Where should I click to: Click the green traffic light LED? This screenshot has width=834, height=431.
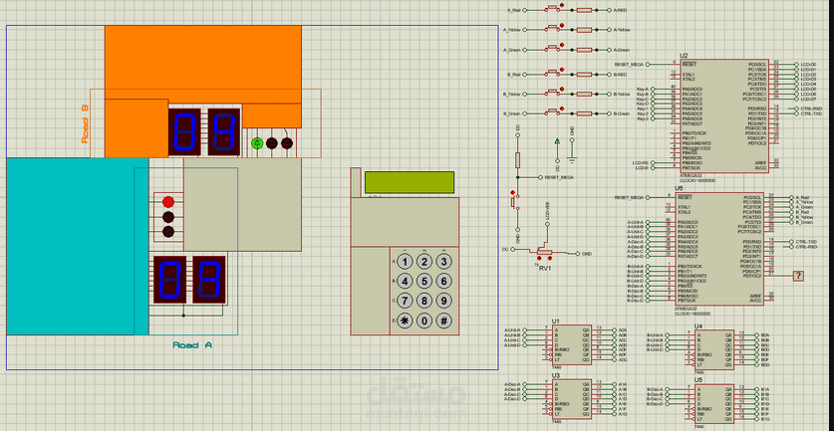coord(257,143)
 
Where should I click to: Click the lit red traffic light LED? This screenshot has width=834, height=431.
coord(168,201)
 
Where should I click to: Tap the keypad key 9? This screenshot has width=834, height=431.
coord(443,301)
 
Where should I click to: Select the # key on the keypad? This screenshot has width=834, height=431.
coord(443,321)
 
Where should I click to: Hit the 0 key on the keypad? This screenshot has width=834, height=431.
coord(423,321)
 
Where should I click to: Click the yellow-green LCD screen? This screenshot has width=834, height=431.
coord(409,182)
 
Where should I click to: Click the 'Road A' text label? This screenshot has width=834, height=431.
coord(192,344)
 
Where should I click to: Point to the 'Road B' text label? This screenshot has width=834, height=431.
coord(85,124)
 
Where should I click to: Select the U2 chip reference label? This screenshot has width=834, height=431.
coord(684,56)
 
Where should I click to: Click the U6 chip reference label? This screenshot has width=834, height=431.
coord(679,187)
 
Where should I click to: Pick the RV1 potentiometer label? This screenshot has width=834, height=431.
coord(545,268)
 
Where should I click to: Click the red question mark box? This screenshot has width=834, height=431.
coord(798,276)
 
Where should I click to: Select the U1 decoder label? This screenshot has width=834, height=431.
coord(556,321)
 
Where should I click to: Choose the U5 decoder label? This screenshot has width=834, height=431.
coord(698,379)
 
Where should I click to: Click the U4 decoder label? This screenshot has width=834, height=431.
coord(698,325)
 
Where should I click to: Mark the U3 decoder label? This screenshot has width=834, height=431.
coord(556,375)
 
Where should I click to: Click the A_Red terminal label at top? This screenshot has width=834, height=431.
coord(514,10)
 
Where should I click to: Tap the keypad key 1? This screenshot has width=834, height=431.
coord(405,262)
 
